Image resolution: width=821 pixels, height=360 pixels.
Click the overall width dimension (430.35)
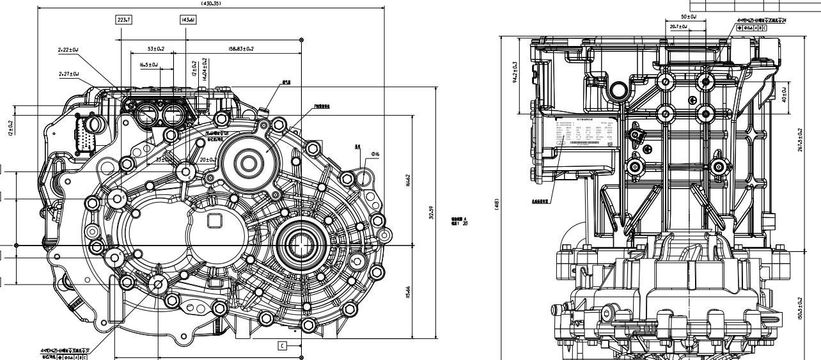pos(211,3)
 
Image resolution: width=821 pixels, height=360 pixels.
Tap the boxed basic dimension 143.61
pos(189,20)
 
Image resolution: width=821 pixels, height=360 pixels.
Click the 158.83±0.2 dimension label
pos(236,49)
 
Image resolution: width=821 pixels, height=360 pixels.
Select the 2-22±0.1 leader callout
pos(68,49)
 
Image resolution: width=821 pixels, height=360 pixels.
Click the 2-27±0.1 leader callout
pos(68,74)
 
